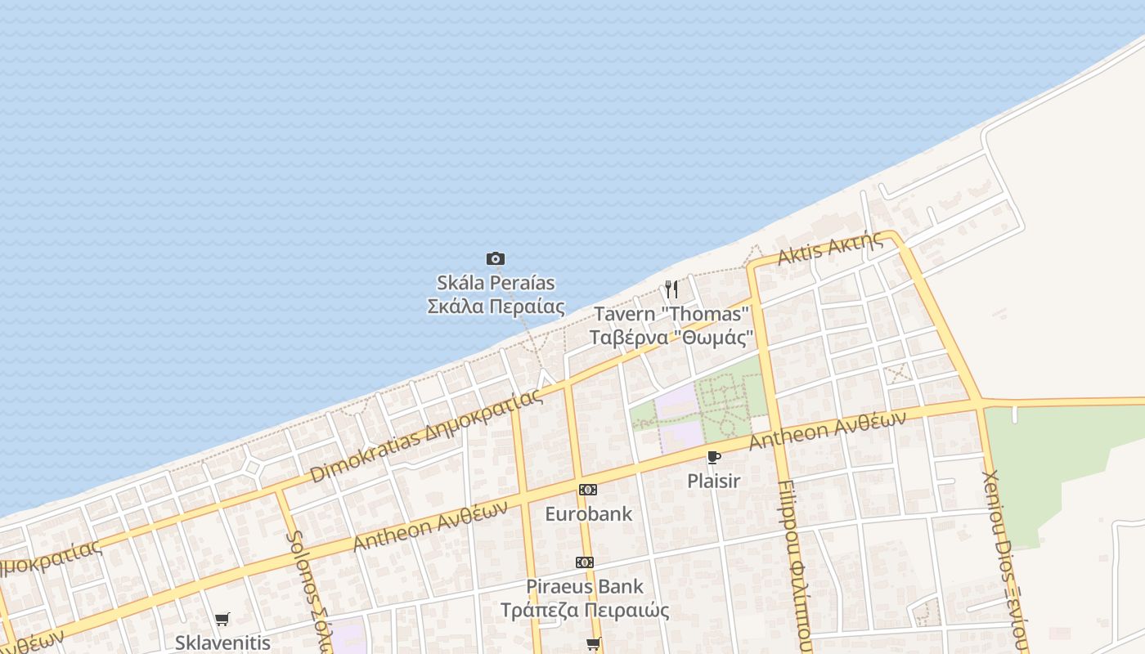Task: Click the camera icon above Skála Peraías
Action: pos(495,259)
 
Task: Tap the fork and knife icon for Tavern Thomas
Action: pos(671,289)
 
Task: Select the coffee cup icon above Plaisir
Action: pos(713,457)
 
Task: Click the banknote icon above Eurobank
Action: pos(587,490)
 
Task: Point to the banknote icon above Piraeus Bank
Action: pos(584,562)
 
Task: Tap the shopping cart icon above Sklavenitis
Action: pos(222,619)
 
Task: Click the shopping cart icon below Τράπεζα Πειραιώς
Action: pos(594,643)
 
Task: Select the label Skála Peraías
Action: pos(496,283)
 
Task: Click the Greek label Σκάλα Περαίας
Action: pos(496,307)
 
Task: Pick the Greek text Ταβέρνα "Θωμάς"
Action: pos(671,337)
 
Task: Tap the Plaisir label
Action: pos(713,481)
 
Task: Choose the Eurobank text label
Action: pos(588,514)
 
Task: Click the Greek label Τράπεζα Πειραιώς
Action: pos(585,611)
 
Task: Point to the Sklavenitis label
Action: pos(222,642)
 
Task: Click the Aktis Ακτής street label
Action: pos(830,248)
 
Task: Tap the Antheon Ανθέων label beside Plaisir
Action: pos(828,429)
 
